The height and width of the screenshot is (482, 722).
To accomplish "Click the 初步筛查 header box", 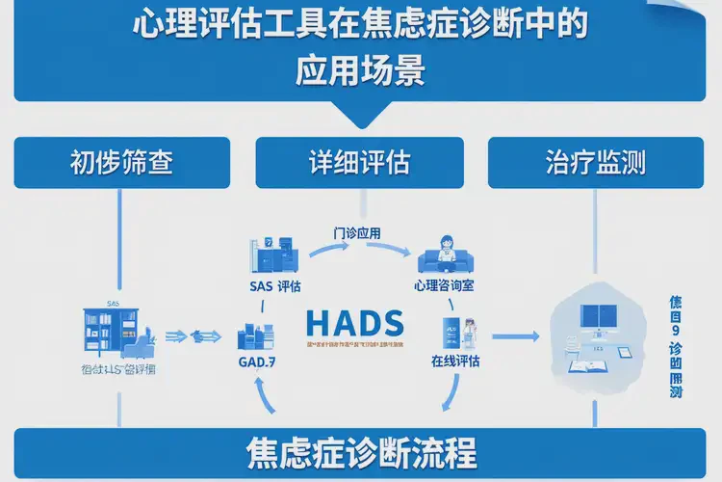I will tap(121, 162).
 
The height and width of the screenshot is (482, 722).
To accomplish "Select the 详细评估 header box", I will tap(359, 162).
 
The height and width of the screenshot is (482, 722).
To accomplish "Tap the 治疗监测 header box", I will tap(594, 162).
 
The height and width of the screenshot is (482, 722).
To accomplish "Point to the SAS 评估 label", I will tap(274, 286).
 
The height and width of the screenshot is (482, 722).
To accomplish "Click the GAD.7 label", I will tap(257, 362).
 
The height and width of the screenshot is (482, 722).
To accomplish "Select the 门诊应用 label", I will tap(359, 233).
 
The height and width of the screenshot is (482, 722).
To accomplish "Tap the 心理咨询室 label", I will tap(445, 286).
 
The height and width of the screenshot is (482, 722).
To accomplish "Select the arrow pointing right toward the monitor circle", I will tap(514, 336).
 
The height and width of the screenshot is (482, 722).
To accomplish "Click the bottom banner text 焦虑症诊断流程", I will tap(361, 453).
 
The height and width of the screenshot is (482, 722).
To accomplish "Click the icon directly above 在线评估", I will tap(452, 331).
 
